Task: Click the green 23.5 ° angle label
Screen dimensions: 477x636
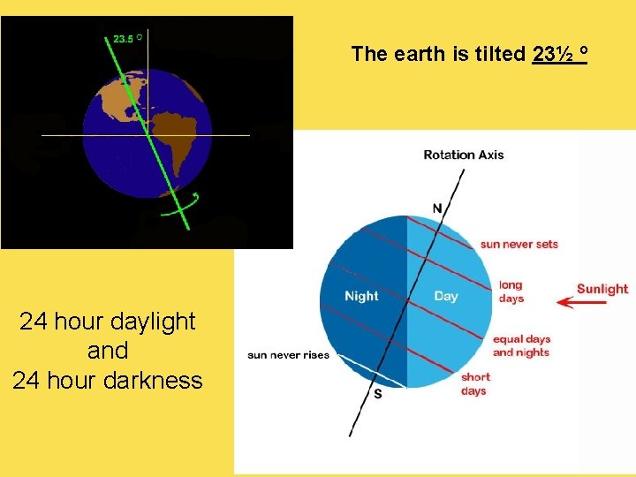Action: coord(127,38)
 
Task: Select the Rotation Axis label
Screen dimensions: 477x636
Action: coord(464,155)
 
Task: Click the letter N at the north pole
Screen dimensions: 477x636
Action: coord(437,208)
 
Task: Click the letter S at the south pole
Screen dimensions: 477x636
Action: coord(378,394)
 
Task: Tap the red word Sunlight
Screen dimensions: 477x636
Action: coord(602,289)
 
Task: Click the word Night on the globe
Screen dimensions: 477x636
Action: coord(361,296)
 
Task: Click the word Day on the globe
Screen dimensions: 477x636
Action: coord(446,296)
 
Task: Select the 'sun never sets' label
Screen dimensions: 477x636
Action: coord(519,244)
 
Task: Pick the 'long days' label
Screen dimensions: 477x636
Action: coord(511,291)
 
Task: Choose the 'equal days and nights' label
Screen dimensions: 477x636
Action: coord(521,345)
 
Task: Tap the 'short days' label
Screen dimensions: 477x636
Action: coord(474,384)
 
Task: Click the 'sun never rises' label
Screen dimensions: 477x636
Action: coord(288,355)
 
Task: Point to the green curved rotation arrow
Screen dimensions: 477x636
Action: coord(180,207)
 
